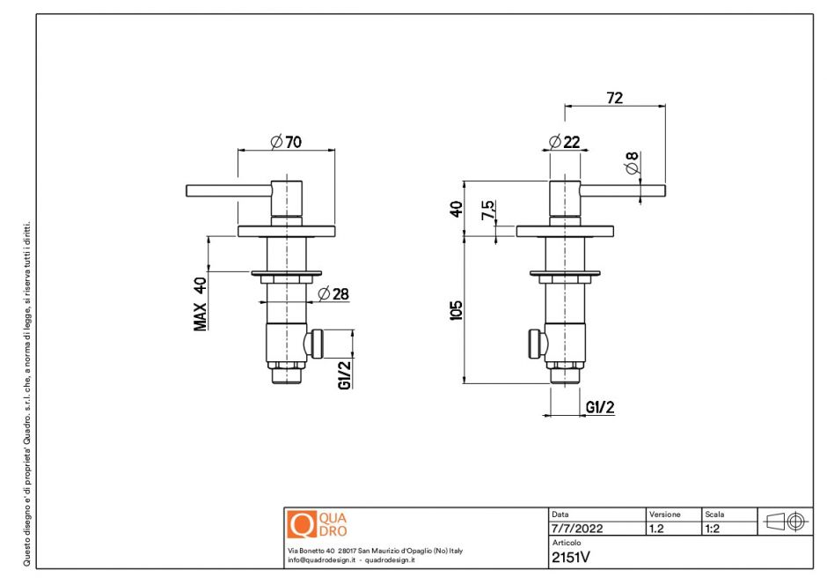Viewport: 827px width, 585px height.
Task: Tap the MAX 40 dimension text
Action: pyautogui.click(x=201, y=303)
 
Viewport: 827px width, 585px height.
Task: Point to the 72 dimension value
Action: pyautogui.click(x=614, y=98)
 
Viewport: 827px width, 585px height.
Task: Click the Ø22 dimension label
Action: pyautogui.click(x=564, y=142)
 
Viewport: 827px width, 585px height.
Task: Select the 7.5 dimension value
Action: pyautogui.click(x=487, y=211)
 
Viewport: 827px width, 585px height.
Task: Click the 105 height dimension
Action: pyautogui.click(x=456, y=309)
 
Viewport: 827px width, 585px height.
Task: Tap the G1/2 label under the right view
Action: pyautogui.click(x=599, y=406)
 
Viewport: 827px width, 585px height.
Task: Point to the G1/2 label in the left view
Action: pyautogui.click(x=345, y=374)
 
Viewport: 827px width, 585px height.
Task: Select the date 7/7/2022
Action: pyautogui.click(x=577, y=529)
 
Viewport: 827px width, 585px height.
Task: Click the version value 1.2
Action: pyautogui.click(x=656, y=529)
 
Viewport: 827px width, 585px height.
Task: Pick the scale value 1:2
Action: pyautogui.click(x=714, y=529)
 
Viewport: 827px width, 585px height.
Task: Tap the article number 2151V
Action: pyautogui.click(x=571, y=557)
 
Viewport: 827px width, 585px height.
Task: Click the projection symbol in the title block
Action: pyautogui.click(x=785, y=521)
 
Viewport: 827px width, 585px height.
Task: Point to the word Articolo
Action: pyautogui.click(x=567, y=544)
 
